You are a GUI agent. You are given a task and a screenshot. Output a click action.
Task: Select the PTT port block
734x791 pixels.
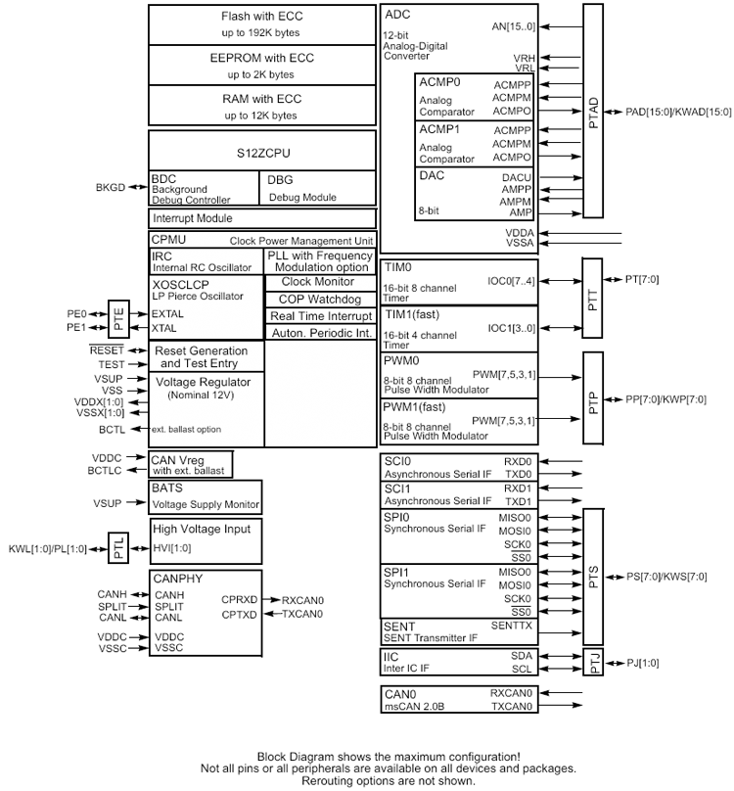point(594,288)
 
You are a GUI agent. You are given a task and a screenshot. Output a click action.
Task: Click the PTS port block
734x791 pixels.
point(594,577)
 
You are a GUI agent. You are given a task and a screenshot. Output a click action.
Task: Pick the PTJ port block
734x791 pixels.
point(594,663)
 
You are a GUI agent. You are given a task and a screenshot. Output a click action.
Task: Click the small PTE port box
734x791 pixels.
point(117,321)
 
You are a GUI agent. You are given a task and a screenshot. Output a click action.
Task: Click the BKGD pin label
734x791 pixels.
point(111,187)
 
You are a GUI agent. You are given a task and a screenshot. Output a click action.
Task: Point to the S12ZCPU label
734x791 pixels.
point(261,154)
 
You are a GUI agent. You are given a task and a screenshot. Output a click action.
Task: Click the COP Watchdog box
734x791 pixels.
point(319,299)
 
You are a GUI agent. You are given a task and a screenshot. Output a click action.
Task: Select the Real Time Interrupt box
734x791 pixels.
point(319,315)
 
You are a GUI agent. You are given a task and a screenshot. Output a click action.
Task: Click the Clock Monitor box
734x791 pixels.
point(319,282)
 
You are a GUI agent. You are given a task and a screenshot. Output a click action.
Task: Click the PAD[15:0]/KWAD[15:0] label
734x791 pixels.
point(678,113)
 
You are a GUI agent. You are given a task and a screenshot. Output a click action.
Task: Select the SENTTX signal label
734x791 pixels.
point(511,625)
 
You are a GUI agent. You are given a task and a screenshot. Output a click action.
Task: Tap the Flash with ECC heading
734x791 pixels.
point(261,17)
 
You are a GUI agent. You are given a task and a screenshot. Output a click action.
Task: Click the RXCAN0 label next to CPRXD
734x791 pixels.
point(302,600)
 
